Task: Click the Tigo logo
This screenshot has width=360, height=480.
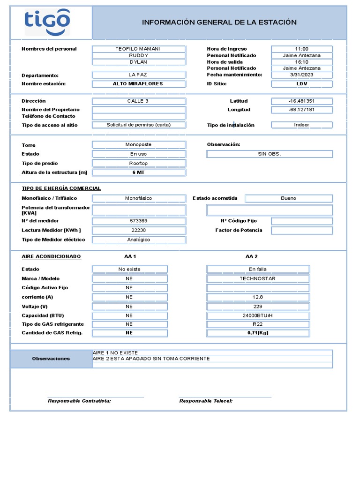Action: click(x=47, y=21)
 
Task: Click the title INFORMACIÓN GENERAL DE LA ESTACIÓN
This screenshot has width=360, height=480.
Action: click(x=219, y=22)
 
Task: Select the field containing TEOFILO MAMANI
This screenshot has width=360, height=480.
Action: click(x=138, y=49)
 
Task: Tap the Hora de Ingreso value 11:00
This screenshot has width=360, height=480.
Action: click(x=301, y=49)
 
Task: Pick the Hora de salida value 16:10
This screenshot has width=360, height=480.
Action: click(x=301, y=62)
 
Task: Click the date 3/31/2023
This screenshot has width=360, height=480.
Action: click(x=301, y=75)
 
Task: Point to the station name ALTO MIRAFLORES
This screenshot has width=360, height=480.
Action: click(x=138, y=83)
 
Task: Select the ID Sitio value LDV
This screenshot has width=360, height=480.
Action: click(x=301, y=83)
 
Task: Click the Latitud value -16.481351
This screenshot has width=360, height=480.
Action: click(x=301, y=101)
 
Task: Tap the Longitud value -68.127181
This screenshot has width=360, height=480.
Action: click(x=301, y=110)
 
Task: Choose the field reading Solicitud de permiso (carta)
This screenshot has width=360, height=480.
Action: click(x=138, y=125)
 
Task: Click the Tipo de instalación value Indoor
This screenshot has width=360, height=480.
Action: click(x=301, y=125)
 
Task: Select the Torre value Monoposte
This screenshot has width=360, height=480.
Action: click(x=138, y=145)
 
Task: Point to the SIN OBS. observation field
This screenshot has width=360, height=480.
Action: click(x=270, y=154)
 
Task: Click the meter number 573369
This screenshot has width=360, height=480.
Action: click(x=138, y=221)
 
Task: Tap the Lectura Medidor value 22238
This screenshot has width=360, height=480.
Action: click(x=138, y=230)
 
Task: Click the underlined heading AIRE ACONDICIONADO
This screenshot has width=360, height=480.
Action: click(x=52, y=256)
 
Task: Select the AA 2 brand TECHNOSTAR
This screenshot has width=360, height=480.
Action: click(x=257, y=278)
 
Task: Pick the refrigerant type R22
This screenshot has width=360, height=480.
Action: click(x=257, y=324)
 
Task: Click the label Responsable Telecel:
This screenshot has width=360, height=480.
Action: click(x=206, y=401)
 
